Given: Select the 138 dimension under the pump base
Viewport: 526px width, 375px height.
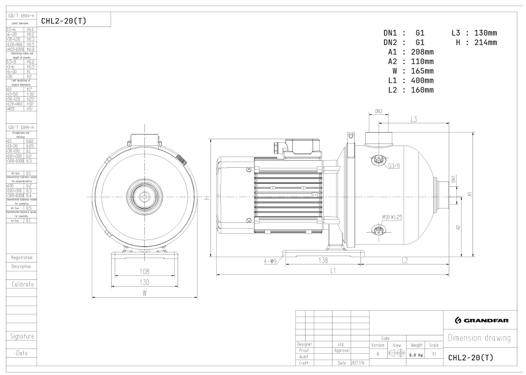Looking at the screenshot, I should (x=323, y=260).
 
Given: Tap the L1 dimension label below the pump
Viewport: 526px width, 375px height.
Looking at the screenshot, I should (x=333, y=271).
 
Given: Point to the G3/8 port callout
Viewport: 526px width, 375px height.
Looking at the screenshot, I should (x=394, y=166).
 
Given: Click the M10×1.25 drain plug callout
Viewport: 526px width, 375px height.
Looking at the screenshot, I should (x=392, y=217).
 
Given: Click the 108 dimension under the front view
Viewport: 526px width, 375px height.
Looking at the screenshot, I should (x=145, y=272).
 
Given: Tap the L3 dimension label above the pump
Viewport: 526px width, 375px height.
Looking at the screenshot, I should (x=414, y=119).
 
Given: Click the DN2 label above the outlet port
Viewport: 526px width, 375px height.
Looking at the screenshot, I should (x=379, y=111).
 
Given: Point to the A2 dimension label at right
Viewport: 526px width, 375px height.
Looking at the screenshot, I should (x=458, y=228).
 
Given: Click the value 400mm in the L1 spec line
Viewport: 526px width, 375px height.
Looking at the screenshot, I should (x=422, y=80).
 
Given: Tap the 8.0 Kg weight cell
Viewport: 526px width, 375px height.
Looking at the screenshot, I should (x=417, y=355).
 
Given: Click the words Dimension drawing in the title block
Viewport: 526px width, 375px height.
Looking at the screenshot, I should (x=479, y=338).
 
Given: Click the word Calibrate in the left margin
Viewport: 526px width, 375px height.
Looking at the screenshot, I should (x=23, y=284).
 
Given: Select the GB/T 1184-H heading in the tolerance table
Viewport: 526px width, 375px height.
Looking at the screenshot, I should (x=21, y=127).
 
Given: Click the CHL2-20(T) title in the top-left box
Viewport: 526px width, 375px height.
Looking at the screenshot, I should (x=63, y=21).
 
